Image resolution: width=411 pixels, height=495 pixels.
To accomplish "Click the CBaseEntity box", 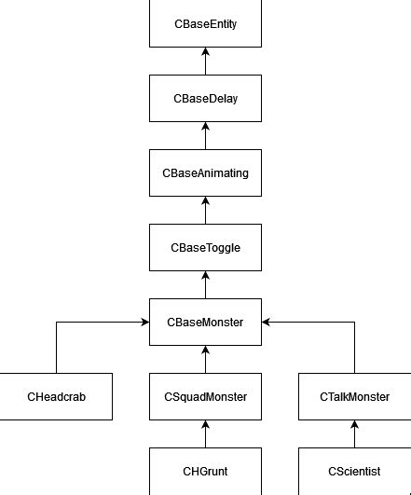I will tap(205, 23).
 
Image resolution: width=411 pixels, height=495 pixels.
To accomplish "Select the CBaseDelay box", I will tap(205, 98).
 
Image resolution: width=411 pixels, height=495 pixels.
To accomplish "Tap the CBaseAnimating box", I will tap(205, 173).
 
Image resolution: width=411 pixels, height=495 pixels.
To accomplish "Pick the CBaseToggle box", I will tap(205, 248).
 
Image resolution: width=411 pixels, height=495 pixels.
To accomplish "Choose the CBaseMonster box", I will tap(205, 323).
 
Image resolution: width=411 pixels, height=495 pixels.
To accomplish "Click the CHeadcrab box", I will tap(56, 397).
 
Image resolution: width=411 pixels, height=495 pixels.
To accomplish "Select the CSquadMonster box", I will tap(205, 397).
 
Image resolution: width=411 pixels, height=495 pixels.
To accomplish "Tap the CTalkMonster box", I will tap(354, 397).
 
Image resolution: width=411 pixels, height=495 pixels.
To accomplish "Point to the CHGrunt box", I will tap(205, 471).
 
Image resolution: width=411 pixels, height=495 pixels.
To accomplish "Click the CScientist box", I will tap(354, 471).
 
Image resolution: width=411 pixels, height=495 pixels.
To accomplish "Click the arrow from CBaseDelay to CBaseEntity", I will tap(205, 62).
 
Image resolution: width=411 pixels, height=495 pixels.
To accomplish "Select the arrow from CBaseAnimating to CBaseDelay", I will tap(205, 136).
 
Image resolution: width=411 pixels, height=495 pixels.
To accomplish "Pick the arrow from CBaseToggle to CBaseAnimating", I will tap(205, 211).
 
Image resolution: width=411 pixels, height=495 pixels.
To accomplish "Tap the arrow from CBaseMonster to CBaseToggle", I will tap(205, 285).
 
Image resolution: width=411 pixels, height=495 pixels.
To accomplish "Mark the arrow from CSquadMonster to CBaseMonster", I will tap(205, 360).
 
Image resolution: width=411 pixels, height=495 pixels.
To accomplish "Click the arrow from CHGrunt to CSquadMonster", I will tap(205, 434).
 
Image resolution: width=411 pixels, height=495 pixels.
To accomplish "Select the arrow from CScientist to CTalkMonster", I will tap(354, 434).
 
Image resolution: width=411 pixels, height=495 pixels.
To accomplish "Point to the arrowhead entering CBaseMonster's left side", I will tap(144, 323).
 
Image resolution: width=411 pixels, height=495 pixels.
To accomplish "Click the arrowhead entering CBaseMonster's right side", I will tap(267, 323).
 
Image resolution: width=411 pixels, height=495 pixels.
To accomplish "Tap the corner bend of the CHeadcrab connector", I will tap(56, 323).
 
